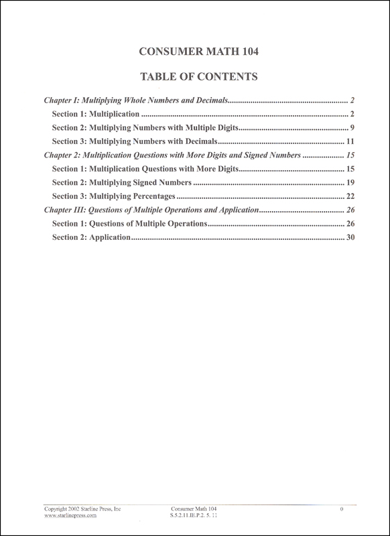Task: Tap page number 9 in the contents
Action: [352, 127]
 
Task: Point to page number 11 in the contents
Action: [350, 141]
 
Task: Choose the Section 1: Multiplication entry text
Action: [95, 114]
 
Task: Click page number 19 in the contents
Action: [350, 182]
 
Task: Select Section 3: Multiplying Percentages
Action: [113, 196]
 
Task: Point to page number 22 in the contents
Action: [350, 196]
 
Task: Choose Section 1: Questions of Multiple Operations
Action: [129, 224]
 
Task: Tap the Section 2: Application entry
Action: [90, 238]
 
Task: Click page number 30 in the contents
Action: [350, 238]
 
